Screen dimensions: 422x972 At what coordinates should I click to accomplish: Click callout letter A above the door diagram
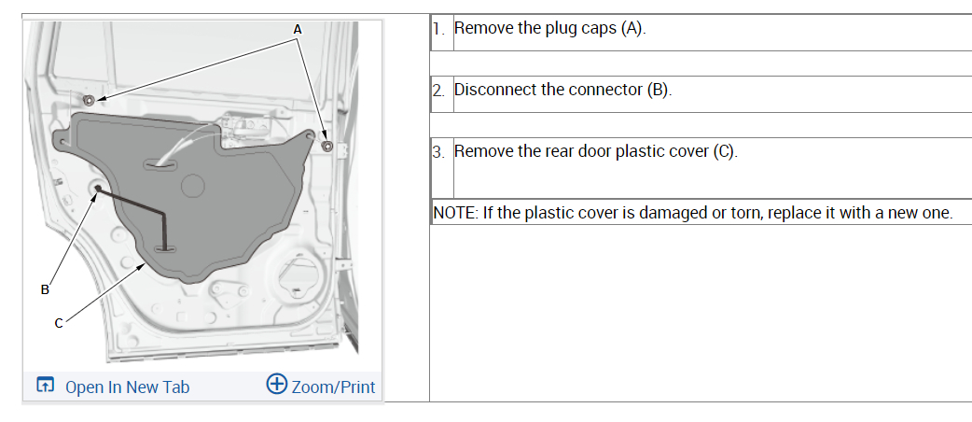pyautogui.click(x=298, y=29)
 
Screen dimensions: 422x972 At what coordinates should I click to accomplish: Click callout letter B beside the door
pyautogui.click(x=44, y=289)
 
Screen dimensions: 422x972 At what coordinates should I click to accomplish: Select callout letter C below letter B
pyautogui.click(x=58, y=323)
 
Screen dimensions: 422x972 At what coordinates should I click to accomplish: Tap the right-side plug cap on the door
pyautogui.click(x=326, y=146)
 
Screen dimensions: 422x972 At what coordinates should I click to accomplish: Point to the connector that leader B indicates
pyautogui.click(x=98, y=189)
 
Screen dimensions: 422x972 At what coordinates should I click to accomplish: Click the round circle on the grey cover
pyautogui.click(x=191, y=185)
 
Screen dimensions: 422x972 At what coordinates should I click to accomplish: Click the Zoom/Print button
pyautogui.click(x=333, y=386)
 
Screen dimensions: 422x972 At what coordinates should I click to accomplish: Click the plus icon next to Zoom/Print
pyautogui.click(x=276, y=385)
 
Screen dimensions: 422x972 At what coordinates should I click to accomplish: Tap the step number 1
pyautogui.click(x=437, y=28)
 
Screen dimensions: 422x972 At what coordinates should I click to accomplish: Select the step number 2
pyautogui.click(x=437, y=91)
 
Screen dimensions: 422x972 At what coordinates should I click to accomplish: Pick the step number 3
pyautogui.click(x=437, y=151)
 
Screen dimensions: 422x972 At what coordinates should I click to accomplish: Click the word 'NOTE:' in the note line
pyautogui.click(x=456, y=213)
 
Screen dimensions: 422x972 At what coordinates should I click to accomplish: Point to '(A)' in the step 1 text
pyautogui.click(x=633, y=28)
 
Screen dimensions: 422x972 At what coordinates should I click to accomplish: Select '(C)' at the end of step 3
pyautogui.click(x=725, y=151)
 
